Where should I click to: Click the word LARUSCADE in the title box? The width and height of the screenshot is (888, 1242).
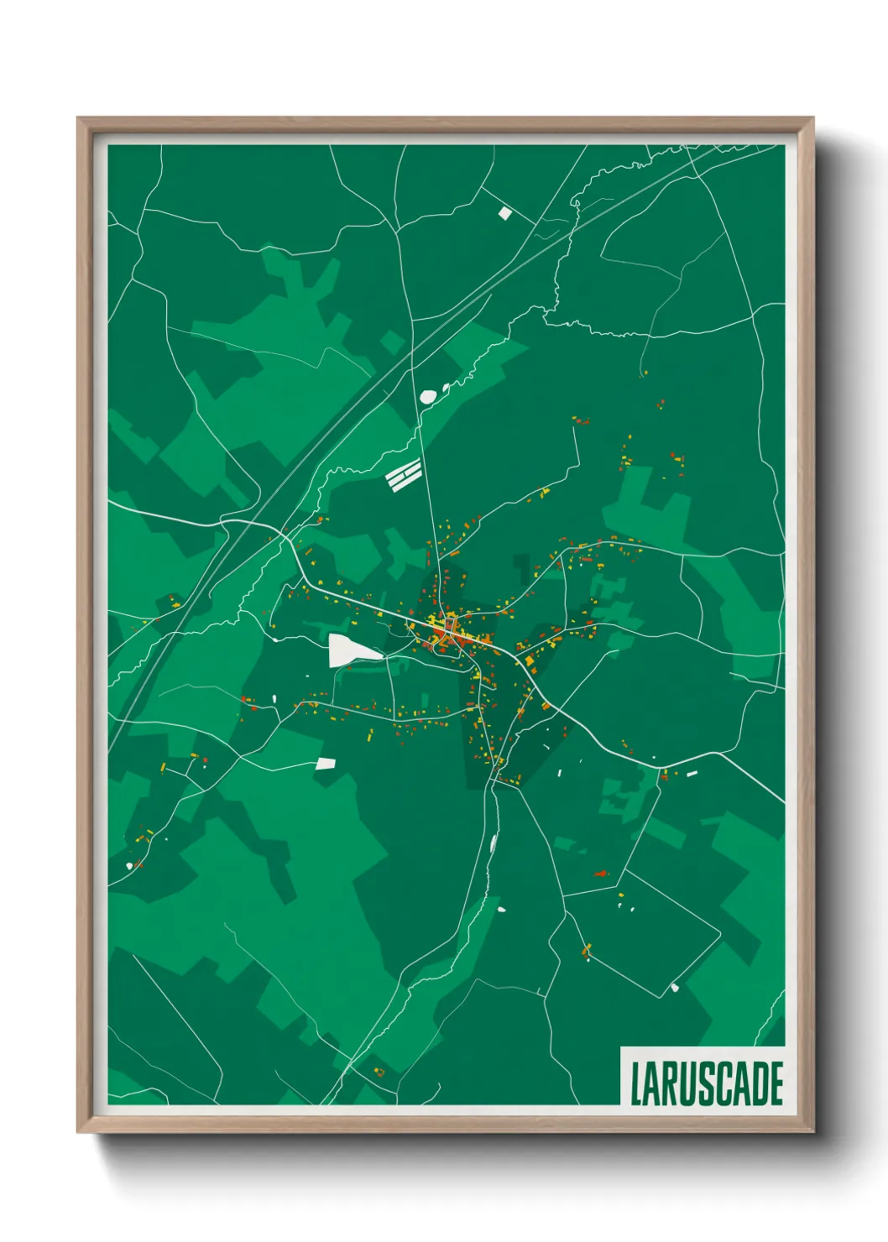pos(706,1083)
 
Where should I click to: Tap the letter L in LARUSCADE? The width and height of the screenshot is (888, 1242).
pos(636,1083)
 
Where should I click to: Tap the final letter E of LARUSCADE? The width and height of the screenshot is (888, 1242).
pos(776,1083)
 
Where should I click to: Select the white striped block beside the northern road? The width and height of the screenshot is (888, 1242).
pos(404,476)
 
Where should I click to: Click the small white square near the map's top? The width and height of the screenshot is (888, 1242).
pos(504,213)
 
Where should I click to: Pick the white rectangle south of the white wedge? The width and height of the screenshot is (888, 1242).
pos(326,763)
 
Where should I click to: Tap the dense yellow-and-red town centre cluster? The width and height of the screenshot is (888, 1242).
pos(445,634)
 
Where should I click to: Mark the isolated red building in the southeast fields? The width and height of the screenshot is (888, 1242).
pos(601,874)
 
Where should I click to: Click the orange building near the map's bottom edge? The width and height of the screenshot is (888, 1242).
pos(379,1072)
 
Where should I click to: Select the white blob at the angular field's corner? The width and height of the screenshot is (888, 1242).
pos(674,988)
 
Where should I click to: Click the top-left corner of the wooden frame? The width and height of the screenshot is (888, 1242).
pos(79,119)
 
